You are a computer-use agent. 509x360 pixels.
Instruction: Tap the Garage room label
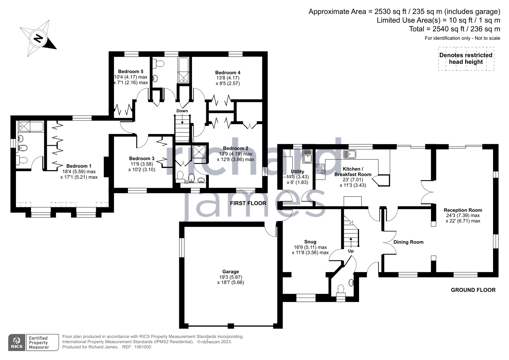coord(230,272)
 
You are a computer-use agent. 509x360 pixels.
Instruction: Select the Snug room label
coord(310,242)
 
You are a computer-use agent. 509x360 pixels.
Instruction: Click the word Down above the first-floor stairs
coord(182,111)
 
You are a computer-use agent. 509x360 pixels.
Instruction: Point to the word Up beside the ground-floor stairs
coord(350,251)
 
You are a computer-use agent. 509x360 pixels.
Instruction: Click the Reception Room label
coord(463,210)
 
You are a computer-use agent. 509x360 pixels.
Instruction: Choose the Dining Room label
coord(408,242)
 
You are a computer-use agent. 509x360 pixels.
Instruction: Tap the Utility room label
coord(297,172)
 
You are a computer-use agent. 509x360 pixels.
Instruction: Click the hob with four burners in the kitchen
coord(320,168)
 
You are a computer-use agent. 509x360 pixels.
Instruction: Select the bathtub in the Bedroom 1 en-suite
coord(30,127)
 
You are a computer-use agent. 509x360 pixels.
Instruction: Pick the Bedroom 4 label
coord(228,73)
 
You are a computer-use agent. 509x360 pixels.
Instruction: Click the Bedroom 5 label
coord(131,71)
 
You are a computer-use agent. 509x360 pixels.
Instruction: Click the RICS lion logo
coord(17,342)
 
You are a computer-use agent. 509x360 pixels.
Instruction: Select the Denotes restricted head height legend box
coord(466,59)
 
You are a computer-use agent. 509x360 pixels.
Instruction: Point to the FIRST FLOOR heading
coord(248,203)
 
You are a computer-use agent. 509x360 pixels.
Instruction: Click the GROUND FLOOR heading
coord(473,290)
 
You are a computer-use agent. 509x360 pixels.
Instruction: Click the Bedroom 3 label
coord(142,158)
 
